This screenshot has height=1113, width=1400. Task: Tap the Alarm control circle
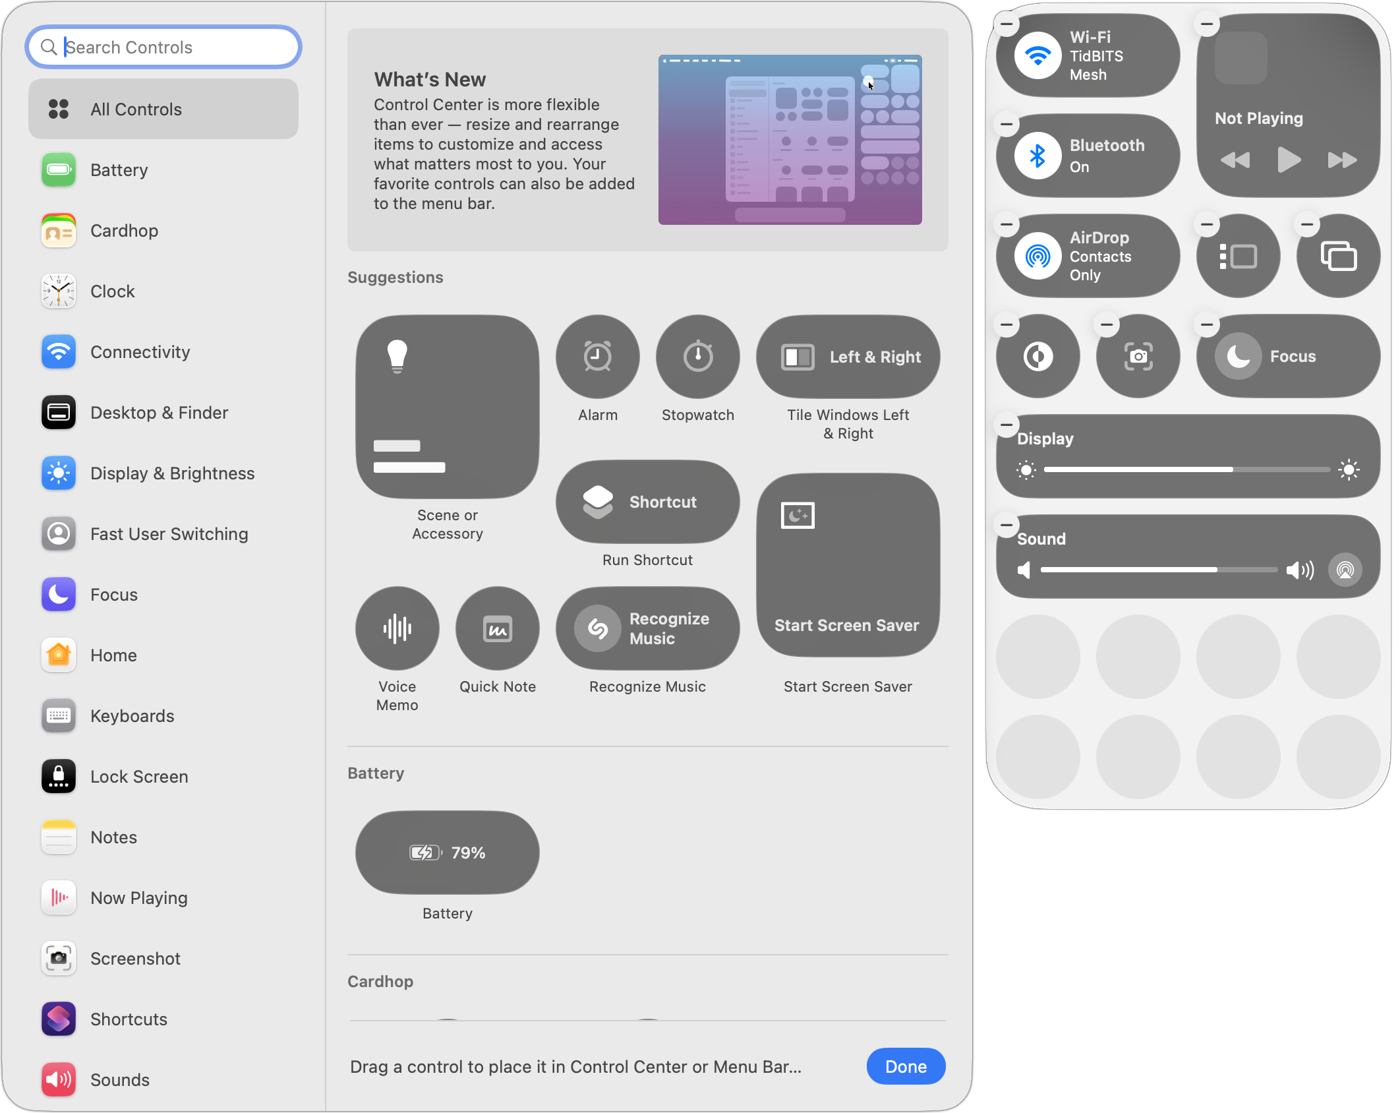[x=598, y=357]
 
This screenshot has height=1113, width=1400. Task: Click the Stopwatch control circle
[x=698, y=357]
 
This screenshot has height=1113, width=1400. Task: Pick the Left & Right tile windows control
[x=848, y=357]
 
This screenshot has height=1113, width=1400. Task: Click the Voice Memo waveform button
[x=397, y=628]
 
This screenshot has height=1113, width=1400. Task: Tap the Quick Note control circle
[x=498, y=628]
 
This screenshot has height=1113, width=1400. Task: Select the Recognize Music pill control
[x=648, y=628]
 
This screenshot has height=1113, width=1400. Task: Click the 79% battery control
[x=448, y=853]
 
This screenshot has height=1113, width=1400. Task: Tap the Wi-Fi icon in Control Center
[x=1038, y=56]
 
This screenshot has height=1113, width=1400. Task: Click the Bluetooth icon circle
[x=1038, y=156]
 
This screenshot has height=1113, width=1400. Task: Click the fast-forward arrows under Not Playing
[x=1342, y=160]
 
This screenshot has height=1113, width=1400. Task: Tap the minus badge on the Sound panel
[x=1006, y=525]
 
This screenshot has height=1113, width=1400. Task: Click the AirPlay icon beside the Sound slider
[x=1345, y=570]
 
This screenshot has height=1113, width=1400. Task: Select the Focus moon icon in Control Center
[x=1239, y=357]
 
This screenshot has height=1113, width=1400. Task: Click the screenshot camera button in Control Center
[x=1138, y=357]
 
